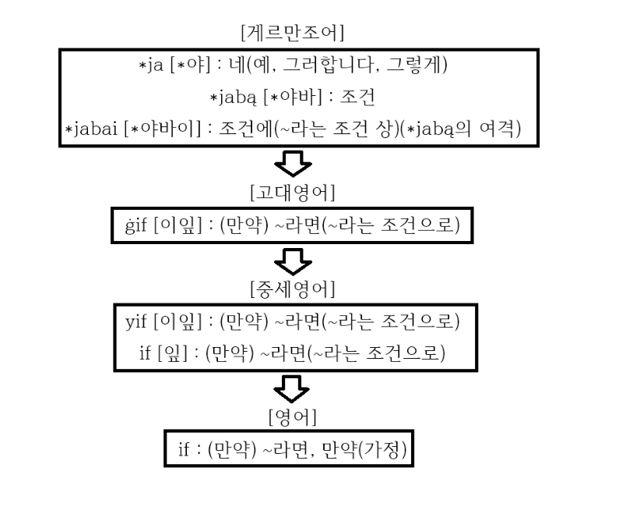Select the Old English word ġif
click(x=131, y=226)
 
